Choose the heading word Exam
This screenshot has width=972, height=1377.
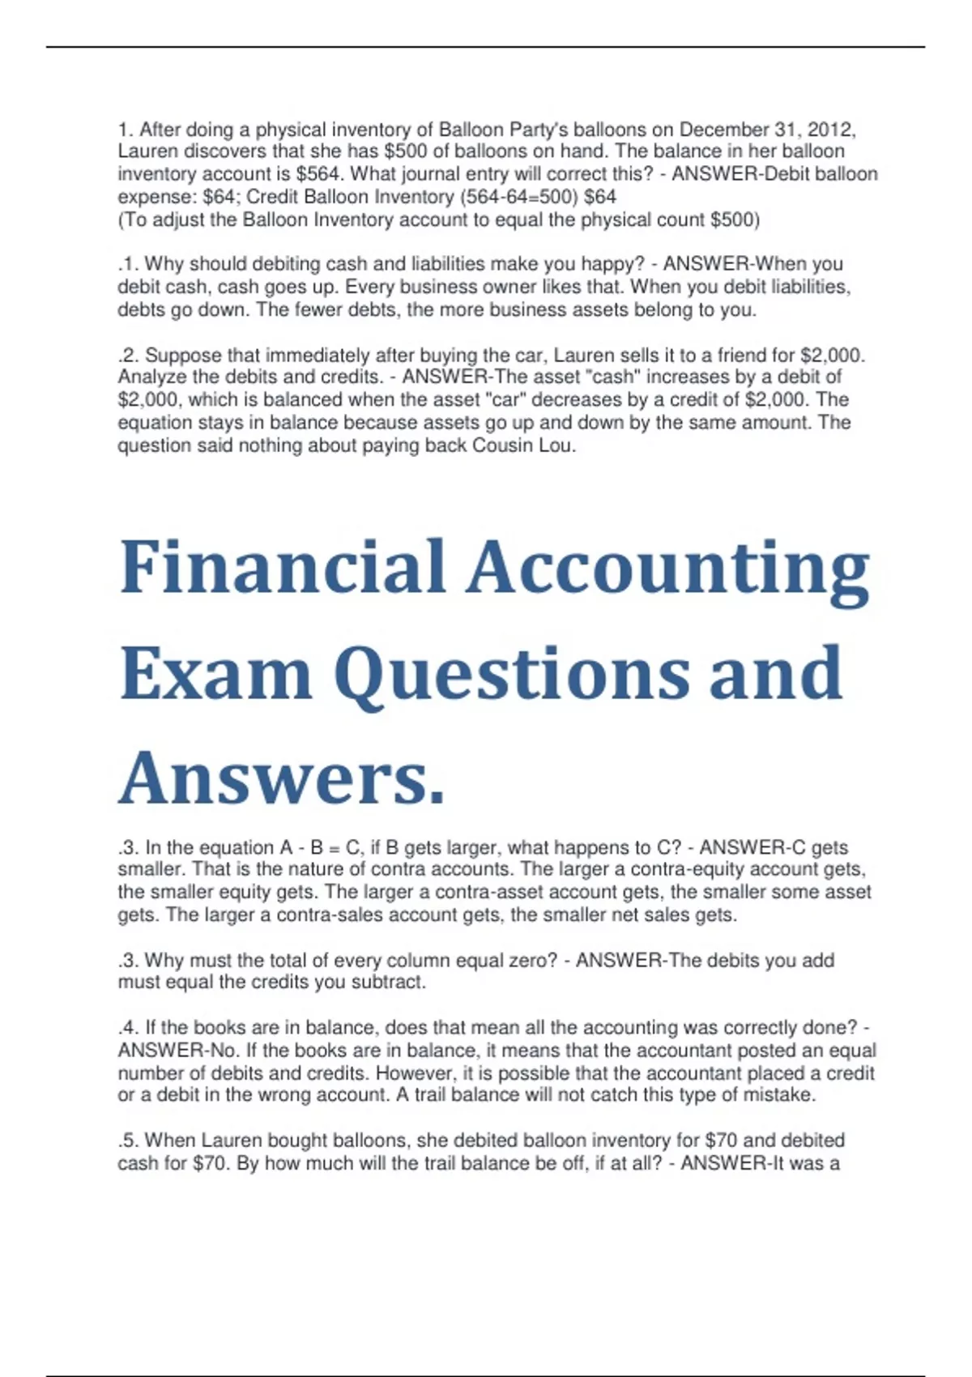[x=216, y=674]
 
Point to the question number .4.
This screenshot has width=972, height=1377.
[x=129, y=1028]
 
